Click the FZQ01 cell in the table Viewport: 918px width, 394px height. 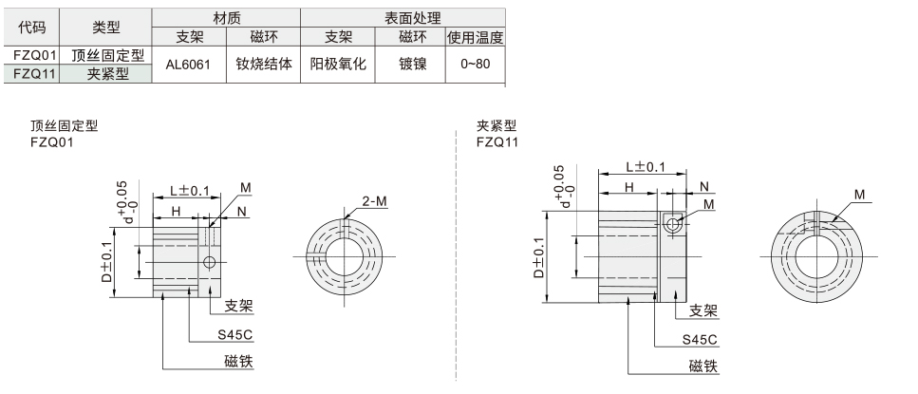[x=31, y=55]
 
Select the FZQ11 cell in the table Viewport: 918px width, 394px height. [x=31, y=73]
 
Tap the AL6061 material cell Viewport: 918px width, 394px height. [x=188, y=65]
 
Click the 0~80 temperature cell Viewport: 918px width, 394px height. [x=474, y=65]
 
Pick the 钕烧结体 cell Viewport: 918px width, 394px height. [x=263, y=65]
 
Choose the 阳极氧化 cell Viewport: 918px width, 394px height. [x=338, y=65]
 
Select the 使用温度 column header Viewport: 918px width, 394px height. [x=474, y=37]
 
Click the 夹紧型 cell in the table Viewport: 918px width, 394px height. [x=108, y=73]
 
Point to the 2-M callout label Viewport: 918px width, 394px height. [x=375, y=200]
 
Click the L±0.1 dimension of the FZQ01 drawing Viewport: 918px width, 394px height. [x=190, y=190]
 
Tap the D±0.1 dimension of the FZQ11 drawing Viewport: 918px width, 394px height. [x=539, y=257]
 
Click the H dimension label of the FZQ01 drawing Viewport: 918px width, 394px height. [x=176, y=210]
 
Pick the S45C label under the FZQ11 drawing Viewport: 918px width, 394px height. [x=699, y=339]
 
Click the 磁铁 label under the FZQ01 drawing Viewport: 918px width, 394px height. [x=239, y=361]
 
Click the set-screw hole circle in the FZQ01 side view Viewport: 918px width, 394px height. [x=210, y=261]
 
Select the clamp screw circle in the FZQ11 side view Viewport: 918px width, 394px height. [x=673, y=224]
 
